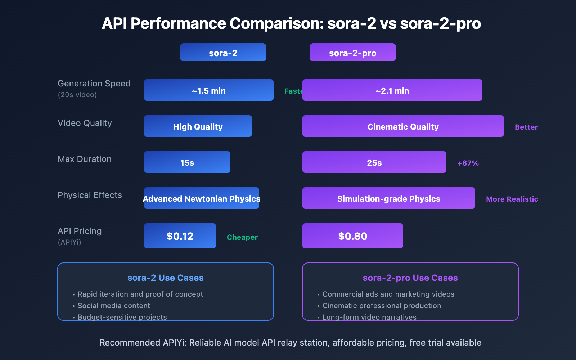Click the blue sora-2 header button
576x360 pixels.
pyautogui.click(x=223, y=53)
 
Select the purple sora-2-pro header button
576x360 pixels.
pyautogui.click(x=353, y=53)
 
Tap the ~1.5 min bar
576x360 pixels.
pyautogui.click(x=209, y=90)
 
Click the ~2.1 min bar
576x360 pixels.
pyautogui.click(x=392, y=90)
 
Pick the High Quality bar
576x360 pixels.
pyautogui.click(x=198, y=126)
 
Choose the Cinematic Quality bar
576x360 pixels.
pyautogui.click(x=403, y=126)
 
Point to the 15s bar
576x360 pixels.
pyautogui.click(x=187, y=162)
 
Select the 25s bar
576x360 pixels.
pyautogui.click(x=374, y=162)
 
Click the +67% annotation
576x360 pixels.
pyautogui.click(x=468, y=163)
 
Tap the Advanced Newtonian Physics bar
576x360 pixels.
pyautogui.click(x=202, y=198)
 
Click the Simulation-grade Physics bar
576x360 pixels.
pyautogui.click(x=389, y=198)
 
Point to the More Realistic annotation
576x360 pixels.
pyautogui.click(x=512, y=199)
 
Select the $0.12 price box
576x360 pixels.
pyautogui.click(x=180, y=236)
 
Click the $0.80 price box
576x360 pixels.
pyautogui.click(x=353, y=236)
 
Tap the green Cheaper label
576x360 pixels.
pyautogui.click(x=242, y=237)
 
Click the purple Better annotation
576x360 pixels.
pyautogui.click(x=526, y=127)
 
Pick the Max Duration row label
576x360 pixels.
pyautogui.click(x=85, y=159)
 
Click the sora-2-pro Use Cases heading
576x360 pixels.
pyautogui.click(x=410, y=278)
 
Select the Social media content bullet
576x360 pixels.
pyautogui.click(x=114, y=306)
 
